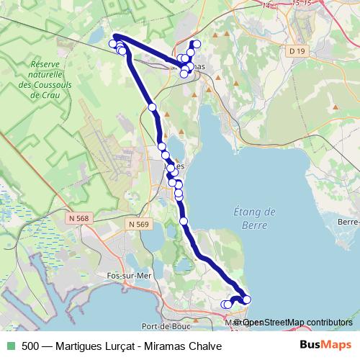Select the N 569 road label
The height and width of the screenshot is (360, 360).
[x=140, y=225]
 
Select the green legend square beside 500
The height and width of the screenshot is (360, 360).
[x=10, y=345]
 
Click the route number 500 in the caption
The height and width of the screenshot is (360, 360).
[x=31, y=345]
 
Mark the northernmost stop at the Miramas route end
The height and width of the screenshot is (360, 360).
[x=196, y=44]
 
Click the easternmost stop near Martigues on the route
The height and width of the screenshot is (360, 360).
[x=247, y=300]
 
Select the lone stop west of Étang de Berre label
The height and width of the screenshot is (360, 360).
[x=184, y=221]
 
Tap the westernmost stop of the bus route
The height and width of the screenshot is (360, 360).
[x=112, y=45]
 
